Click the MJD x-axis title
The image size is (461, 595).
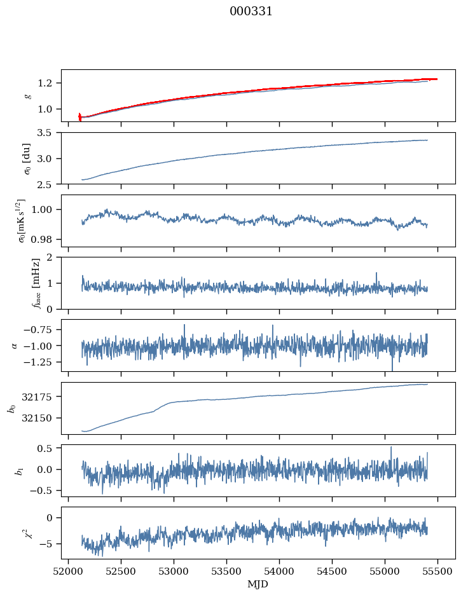[258, 584]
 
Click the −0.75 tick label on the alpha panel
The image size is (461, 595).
[40, 329]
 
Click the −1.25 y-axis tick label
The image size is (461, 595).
[40, 362]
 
